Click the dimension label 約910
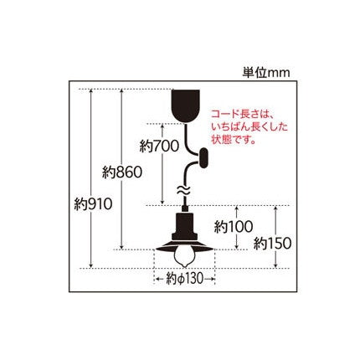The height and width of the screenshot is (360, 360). tap(93, 205)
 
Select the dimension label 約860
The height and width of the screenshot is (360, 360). tap(122, 172)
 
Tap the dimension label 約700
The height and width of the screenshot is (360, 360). tap(159, 146)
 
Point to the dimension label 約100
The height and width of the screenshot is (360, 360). tap(234, 227)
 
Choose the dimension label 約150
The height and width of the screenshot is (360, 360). tap(272, 244)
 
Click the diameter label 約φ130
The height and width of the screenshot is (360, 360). tap(184, 279)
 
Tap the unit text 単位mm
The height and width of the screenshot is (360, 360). tap(266, 73)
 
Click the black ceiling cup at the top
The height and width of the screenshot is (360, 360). tap(185, 106)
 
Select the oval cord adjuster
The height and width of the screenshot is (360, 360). tap(203, 158)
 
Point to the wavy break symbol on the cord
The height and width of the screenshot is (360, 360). tap(184, 190)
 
